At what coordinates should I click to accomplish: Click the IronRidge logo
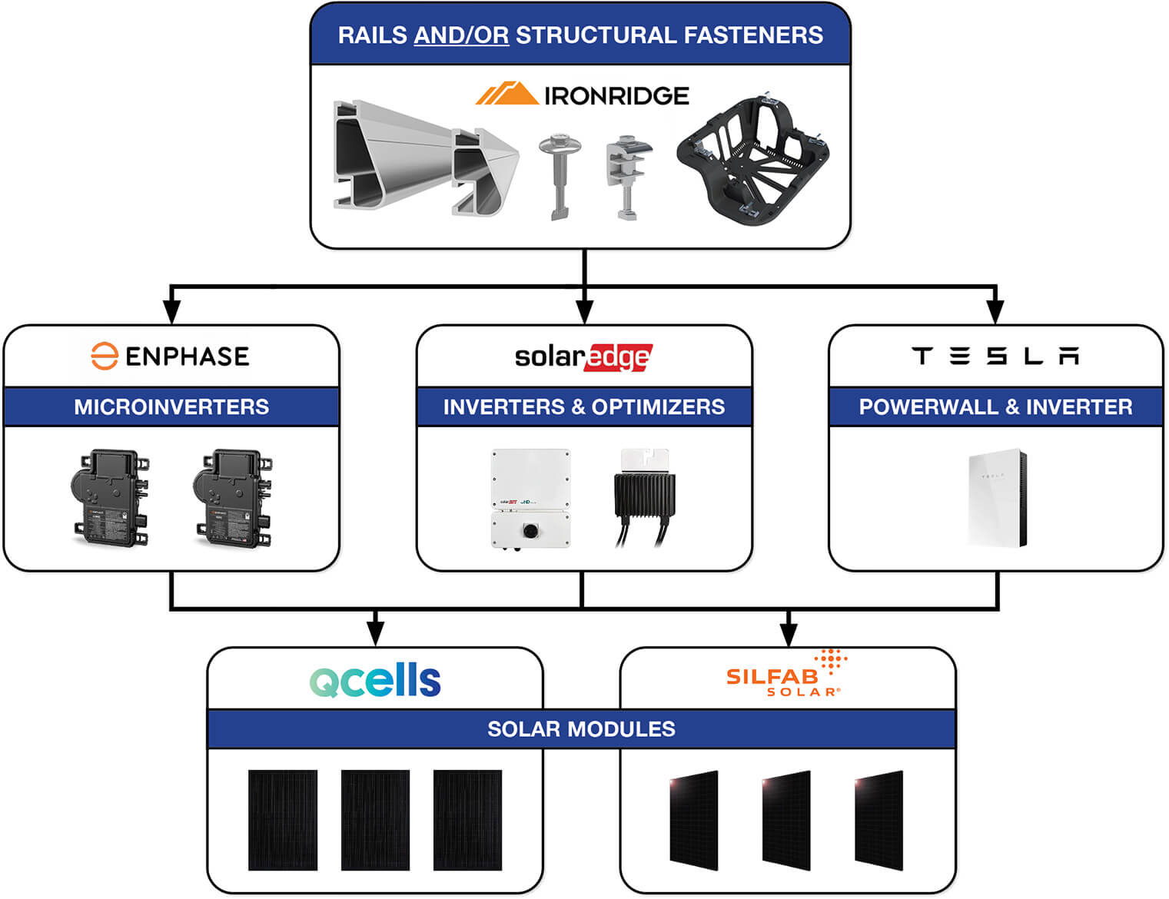[x=582, y=95]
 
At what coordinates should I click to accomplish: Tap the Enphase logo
[x=171, y=357]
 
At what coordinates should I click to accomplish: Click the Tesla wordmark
[x=995, y=356]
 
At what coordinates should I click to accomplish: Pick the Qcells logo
[x=375, y=680]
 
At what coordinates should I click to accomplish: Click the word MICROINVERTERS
[x=171, y=406]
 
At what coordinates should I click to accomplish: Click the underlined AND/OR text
[x=461, y=35]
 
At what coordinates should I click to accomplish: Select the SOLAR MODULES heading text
[x=581, y=728]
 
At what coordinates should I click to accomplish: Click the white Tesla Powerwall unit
[x=998, y=498]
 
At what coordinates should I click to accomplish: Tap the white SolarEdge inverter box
[x=530, y=498]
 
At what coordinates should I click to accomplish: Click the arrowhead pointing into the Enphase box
[x=172, y=311]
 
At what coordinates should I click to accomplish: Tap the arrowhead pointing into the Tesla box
[x=995, y=311]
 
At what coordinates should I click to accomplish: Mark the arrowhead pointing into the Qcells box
[x=375, y=633]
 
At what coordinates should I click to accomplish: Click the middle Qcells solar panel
[x=375, y=820]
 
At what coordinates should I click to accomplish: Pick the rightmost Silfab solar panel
[x=878, y=820]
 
